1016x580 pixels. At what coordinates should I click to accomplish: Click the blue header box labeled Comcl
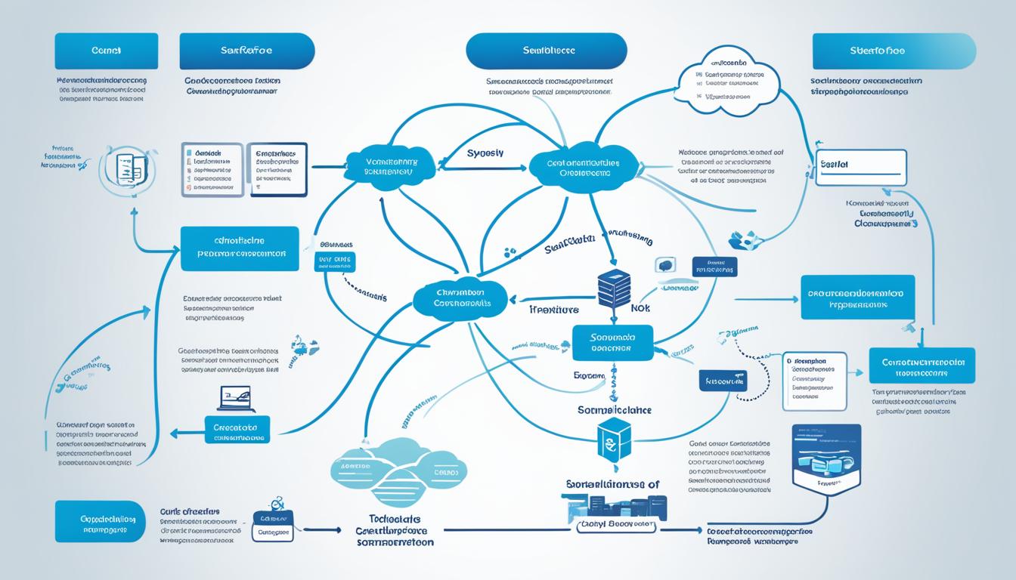click(x=107, y=51)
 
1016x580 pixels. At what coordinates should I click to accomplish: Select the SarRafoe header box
click(x=246, y=51)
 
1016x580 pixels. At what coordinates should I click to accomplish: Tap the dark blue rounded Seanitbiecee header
click(x=546, y=51)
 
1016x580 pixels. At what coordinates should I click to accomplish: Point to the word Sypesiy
click(x=485, y=153)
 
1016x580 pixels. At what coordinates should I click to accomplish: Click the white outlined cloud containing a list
click(x=728, y=82)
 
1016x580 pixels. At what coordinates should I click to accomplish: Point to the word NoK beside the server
click(x=640, y=309)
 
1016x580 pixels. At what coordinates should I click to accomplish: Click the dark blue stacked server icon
click(x=614, y=288)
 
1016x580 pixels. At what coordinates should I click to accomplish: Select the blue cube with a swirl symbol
click(x=613, y=438)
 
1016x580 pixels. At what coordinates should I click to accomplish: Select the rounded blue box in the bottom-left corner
click(x=100, y=521)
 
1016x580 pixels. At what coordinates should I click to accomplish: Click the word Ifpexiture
click(x=553, y=310)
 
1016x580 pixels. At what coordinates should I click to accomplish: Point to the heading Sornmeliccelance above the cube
click(x=614, y=410)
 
